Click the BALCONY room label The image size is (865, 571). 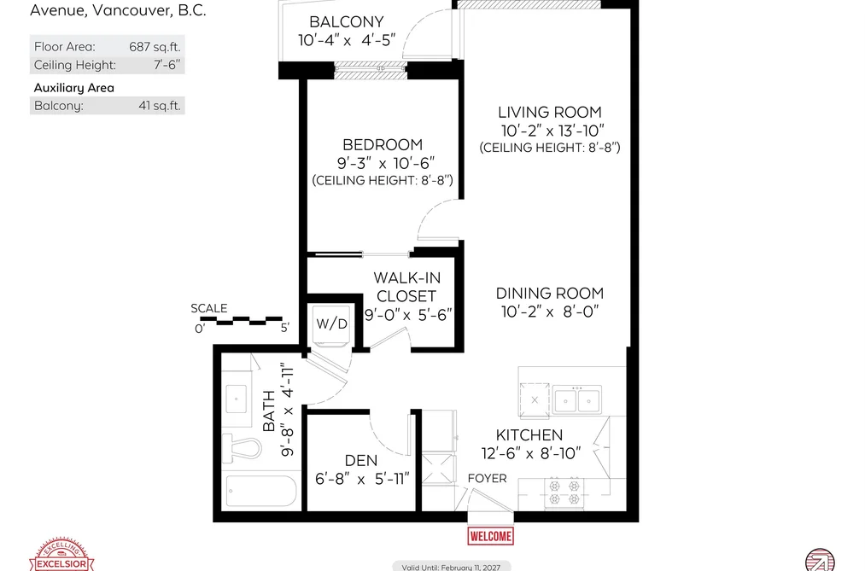click(347, 22)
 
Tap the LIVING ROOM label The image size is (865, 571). click(549, 113)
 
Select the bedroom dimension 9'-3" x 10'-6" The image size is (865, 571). click(386, 163)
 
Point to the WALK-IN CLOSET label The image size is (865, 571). click(407, 287)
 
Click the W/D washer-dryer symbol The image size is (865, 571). click(331, 325)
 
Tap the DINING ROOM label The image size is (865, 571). click(549, 294)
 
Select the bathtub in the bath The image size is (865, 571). click(261, 491)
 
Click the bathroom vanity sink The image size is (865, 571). click(237, 399)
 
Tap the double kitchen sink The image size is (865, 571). click(577, 400)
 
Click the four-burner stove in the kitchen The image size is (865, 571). click(564, 492)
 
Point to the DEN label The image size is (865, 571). click(361, 461)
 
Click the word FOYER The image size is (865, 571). click(487, 479)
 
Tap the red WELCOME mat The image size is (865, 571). click(490, 536)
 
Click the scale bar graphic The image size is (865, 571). click(241, 321)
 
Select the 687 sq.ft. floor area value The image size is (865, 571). click(155, 47)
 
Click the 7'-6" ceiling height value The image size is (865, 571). click(167, 65)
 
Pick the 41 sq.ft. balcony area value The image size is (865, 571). click(160, 106)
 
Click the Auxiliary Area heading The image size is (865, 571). click(74, 88)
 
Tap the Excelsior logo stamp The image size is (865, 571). click(61, 556)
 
